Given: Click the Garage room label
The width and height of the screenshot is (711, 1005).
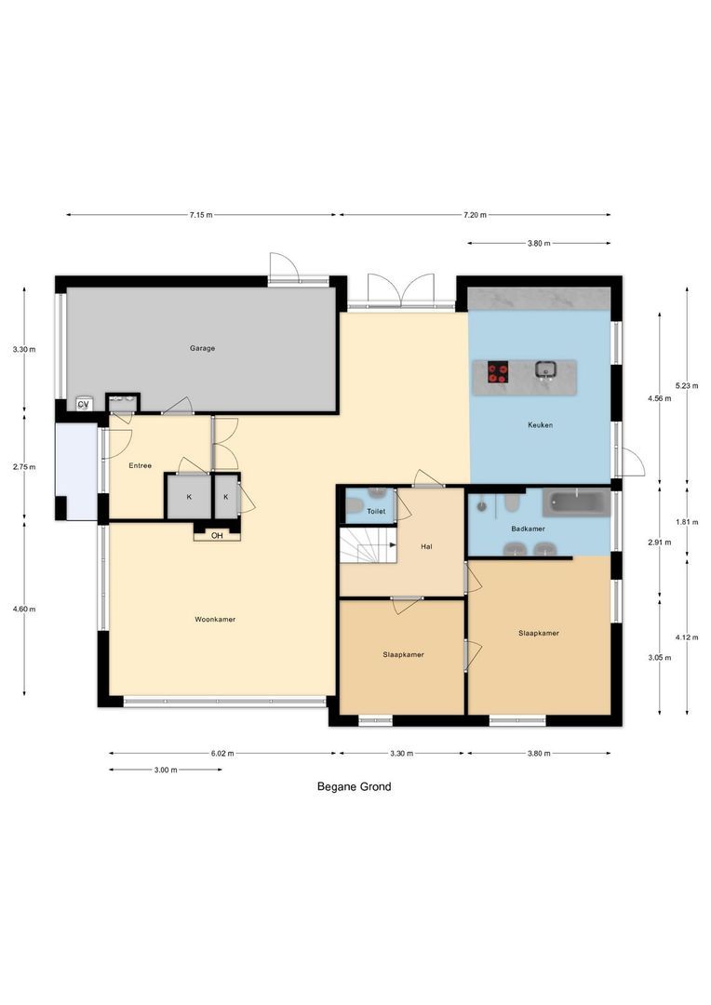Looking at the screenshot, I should pyautogui.click(x=202, y=348).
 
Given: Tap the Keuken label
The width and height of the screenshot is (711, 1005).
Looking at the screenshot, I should pyautogui.click(x=540, y=425).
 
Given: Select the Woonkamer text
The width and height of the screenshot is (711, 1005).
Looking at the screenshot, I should pyautogui.click(x=215, y=619).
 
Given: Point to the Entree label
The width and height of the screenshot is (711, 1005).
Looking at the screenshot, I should pyautogui.click(x=141, y=465).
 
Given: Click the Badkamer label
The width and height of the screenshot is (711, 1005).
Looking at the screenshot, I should pyautogui.click(x=528, y=529).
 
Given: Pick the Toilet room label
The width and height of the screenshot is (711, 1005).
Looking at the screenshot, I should pyautogui.click(x=376, y=512).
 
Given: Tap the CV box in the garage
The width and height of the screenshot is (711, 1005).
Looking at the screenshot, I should pyautogui.click(x=83, y=404).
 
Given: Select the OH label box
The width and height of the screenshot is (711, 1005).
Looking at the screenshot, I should pyautogui.click(x=217, y=535).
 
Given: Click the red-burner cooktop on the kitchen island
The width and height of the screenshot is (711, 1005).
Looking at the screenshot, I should pyautogui.click(x=499, y=372).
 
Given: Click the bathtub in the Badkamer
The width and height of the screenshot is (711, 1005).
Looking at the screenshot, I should pyautogui.click(x=576, y=502).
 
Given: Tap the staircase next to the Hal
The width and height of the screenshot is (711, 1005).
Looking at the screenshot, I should pyautogui.click(x=367, y=545).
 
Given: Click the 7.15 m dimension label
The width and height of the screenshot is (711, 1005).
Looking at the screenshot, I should pyautogui.click(x=201, y=215).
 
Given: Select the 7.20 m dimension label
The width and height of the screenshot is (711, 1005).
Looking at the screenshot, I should pyautogui.click(x=475, y=215).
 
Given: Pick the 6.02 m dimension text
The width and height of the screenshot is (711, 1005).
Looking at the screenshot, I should pyautogui.click(x=221, y=753).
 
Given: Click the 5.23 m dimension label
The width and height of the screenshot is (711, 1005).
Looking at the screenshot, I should pyautogui.click(x=687, y=386).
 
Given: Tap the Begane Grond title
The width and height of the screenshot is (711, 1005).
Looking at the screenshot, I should pyautogui.click(x=354, y=786).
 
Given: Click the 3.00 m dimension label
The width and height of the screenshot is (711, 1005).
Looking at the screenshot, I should pyautogui.click(x=166, y=770).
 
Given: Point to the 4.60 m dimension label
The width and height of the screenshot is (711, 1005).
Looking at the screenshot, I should pyautogui.click(x=24, y=609).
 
